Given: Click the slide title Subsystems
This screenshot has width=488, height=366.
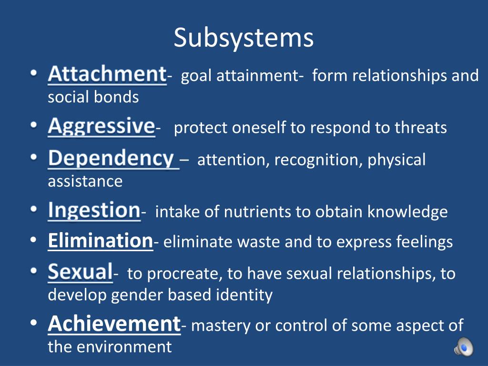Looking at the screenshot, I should click(244, 38).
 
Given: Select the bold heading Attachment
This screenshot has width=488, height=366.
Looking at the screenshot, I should click(107, 74).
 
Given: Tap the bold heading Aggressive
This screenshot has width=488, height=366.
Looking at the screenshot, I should click(101, 126).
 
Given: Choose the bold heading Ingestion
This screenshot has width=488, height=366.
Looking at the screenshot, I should click(94, 211).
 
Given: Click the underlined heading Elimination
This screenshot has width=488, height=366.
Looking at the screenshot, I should click(100, 241).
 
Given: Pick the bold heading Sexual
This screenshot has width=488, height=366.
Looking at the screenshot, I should click(80, 272).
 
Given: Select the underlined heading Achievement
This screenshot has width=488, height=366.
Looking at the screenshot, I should click(114, 324).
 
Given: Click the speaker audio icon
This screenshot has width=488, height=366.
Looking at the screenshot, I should click(463, 346).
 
